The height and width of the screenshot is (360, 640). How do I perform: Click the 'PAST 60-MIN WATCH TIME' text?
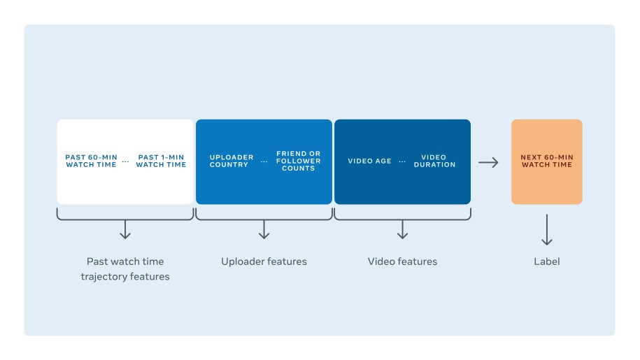click(91, 161)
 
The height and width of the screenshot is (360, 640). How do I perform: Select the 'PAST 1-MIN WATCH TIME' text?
click(161, 161)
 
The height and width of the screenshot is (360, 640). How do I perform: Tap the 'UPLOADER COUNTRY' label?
click(232, 161)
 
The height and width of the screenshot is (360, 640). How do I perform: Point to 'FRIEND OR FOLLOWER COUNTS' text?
click(299, 161)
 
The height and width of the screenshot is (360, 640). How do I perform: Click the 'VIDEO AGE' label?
click(370, 161)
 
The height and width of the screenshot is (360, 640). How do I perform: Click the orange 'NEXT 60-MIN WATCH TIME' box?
click(546, 161)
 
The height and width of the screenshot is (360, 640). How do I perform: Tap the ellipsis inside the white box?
click(126, 161)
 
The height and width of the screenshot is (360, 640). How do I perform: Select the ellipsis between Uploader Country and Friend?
click(264, 161)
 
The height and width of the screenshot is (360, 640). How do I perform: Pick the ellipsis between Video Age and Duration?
click(403, 161)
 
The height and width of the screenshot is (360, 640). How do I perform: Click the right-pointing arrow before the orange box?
click(488, 162)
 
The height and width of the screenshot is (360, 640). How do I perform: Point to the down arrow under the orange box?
click(547, 230)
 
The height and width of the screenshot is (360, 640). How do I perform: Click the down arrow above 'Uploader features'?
click(264, 230)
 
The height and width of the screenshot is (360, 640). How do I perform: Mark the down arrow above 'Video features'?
click(402, 230)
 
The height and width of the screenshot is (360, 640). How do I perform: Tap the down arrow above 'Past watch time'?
click(125, 230)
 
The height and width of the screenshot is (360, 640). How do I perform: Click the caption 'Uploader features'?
click(264, 261)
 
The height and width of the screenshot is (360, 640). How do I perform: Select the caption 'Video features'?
click(402, 261)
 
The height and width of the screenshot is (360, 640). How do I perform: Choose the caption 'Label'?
click(547, 261)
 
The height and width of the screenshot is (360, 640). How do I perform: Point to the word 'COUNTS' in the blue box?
click(299, 168)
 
